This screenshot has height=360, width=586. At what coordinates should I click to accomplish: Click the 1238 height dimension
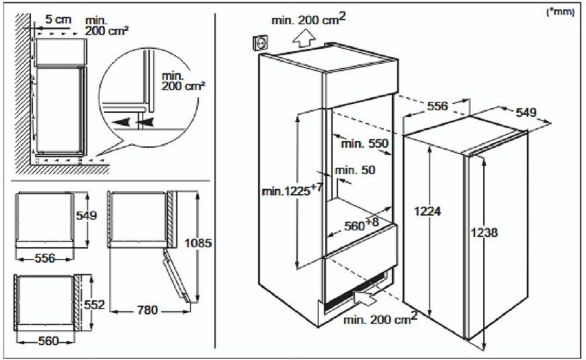(484, 232)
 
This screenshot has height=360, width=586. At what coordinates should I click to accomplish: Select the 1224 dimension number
(427, 212)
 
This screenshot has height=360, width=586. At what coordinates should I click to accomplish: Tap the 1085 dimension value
(198, 243)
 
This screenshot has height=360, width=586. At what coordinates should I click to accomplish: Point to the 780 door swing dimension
(147, 310)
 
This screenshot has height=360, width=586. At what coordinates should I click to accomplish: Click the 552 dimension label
(94, 305)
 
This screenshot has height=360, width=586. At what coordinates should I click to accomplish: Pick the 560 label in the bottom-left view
(48, 341)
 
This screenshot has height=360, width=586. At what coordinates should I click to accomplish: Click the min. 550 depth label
(365, 144)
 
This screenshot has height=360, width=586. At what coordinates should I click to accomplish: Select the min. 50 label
(355, 171)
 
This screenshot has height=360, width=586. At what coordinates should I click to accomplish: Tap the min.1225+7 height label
(292, 189)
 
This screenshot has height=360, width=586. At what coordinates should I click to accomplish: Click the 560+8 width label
(361, 224)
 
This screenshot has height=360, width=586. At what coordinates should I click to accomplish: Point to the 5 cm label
(58, 19)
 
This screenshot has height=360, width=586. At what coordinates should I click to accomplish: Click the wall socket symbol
(260, 42)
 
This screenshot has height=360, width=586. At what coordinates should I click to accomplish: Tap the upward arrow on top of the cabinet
(303, 39)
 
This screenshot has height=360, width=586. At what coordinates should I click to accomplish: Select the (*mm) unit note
(560, 12)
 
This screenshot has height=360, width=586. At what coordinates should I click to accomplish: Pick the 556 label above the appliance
(437, 106)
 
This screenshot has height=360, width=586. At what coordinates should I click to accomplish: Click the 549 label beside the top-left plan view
(86, 216)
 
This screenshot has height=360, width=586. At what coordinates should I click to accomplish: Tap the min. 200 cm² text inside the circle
(183, 81)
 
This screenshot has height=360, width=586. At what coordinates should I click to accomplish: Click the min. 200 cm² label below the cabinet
(380, 318)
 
